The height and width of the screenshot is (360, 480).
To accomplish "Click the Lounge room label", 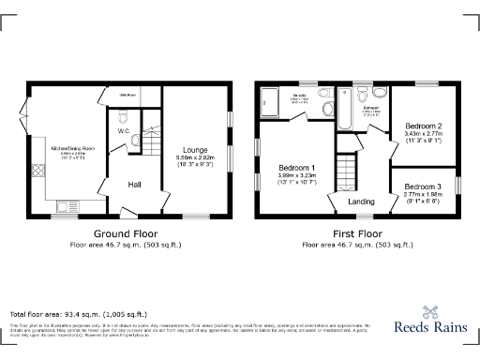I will point(195,149).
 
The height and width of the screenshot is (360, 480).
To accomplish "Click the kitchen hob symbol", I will point(39,172).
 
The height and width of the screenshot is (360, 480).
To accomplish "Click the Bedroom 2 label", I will point(423,127).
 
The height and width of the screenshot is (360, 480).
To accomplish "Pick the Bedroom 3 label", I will point(423,186).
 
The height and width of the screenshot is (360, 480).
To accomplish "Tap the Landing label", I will point(361,202).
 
